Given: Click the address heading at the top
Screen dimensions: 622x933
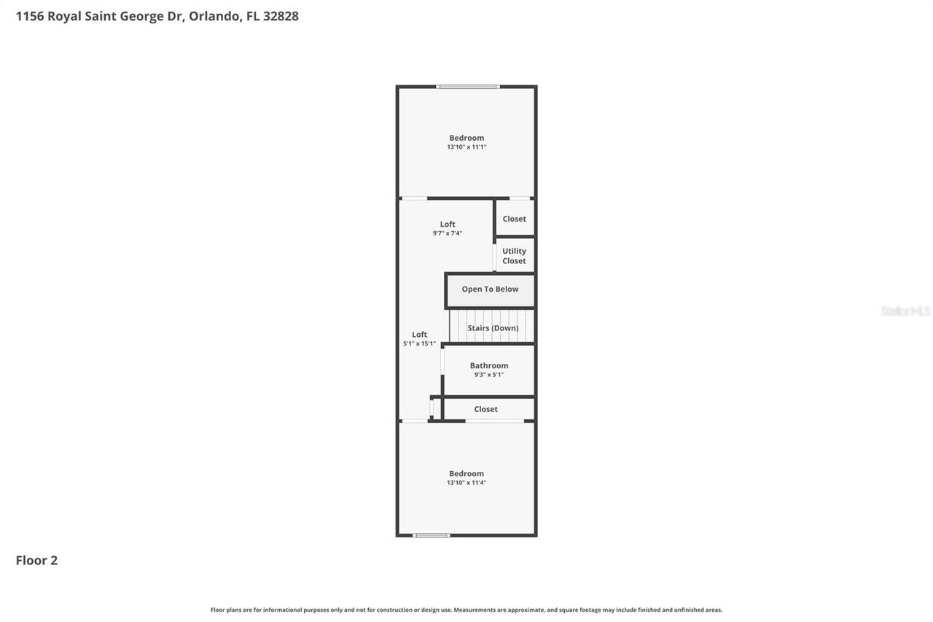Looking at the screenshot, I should pyautogui.click(x=157, y=16).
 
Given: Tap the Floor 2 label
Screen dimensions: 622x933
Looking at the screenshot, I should pyautogui.click(x=36, y=560).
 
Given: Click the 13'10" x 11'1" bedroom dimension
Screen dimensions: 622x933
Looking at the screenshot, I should pyautogui.click(x=466, y=147).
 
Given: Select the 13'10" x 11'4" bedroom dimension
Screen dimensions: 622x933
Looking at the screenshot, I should pyautogui.click(x=466, y=483).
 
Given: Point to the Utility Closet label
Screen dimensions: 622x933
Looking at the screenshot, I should pyautogui.click(x=514, y=256).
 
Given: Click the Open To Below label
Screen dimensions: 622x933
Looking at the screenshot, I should pyautogui.click(x=490, y=289).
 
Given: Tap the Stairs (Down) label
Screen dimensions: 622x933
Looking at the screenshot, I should pyautogui.click(x=493, y=328).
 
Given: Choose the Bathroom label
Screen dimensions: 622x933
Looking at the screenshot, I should pyautogui.click(x=489, y=366).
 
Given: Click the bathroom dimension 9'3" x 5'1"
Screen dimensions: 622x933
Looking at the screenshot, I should pyautogui.click(x=489, y=375).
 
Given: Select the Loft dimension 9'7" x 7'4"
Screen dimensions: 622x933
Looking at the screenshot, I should pyautogui.click(x=448, y=233).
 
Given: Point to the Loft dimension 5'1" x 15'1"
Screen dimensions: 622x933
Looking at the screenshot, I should pyautogui.click(x=420, y=343).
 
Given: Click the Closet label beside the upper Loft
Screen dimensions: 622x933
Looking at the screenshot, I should pyautogui.click(x=514, y=219).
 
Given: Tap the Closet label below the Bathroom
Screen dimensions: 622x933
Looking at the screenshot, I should pyautogui.click(x=485, y=409).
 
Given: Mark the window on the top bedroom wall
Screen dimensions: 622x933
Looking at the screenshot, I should pyautogui.click(x=468, y=87).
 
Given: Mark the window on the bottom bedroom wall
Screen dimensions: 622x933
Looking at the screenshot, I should pyautogui.click(x=432, y=535).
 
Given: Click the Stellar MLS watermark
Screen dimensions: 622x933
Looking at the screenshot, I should pyautogui.click(x=905, y=311).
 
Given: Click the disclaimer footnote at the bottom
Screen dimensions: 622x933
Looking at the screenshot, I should pyautogui.click(x=466, y=610).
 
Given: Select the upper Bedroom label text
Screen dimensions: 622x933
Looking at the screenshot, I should pyautogui.click(x=466, y=138).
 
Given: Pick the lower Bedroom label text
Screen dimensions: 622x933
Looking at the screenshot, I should pyautogui.click(x=466, y=473).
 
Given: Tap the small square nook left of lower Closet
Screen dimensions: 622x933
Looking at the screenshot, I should pyautogui.click(x=436, y=408).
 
